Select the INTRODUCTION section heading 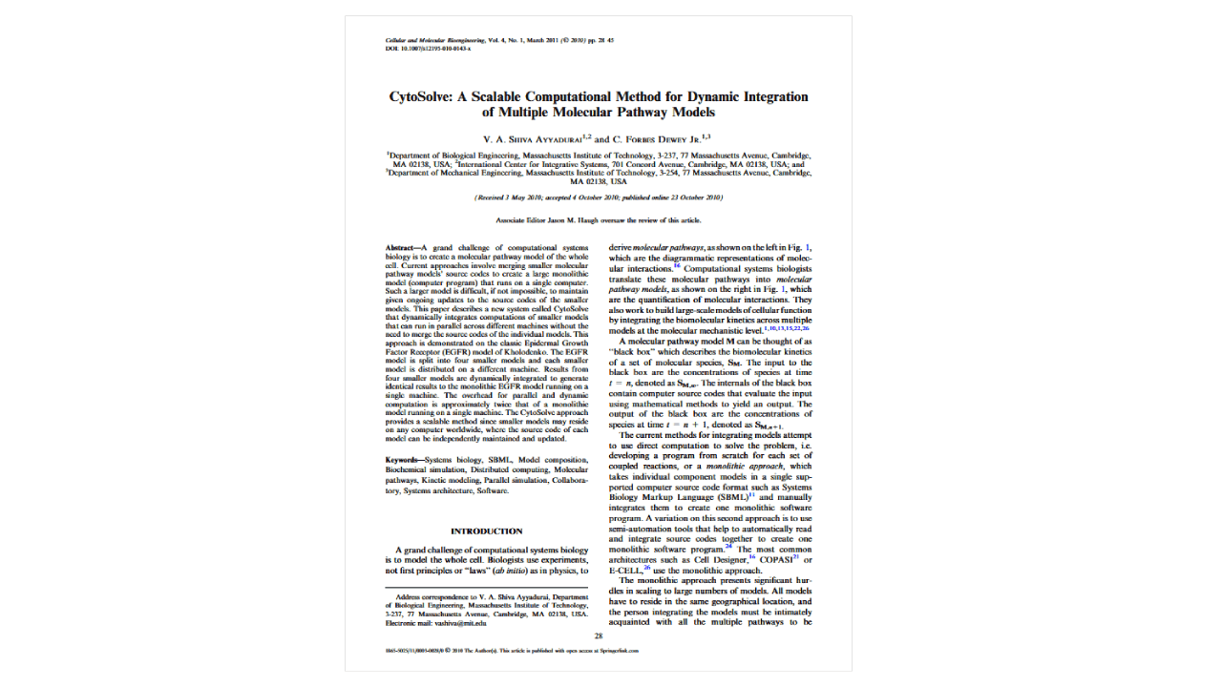click(x=486, y=531)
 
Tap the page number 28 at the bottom click(x=599, y=635)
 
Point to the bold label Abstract click(x=401, y=247)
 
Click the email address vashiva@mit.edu click(x=460, y=623)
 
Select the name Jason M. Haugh click(x=569, y=220)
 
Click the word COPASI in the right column click(x=776, y=559)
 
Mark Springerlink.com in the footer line click(x=618, y=650)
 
